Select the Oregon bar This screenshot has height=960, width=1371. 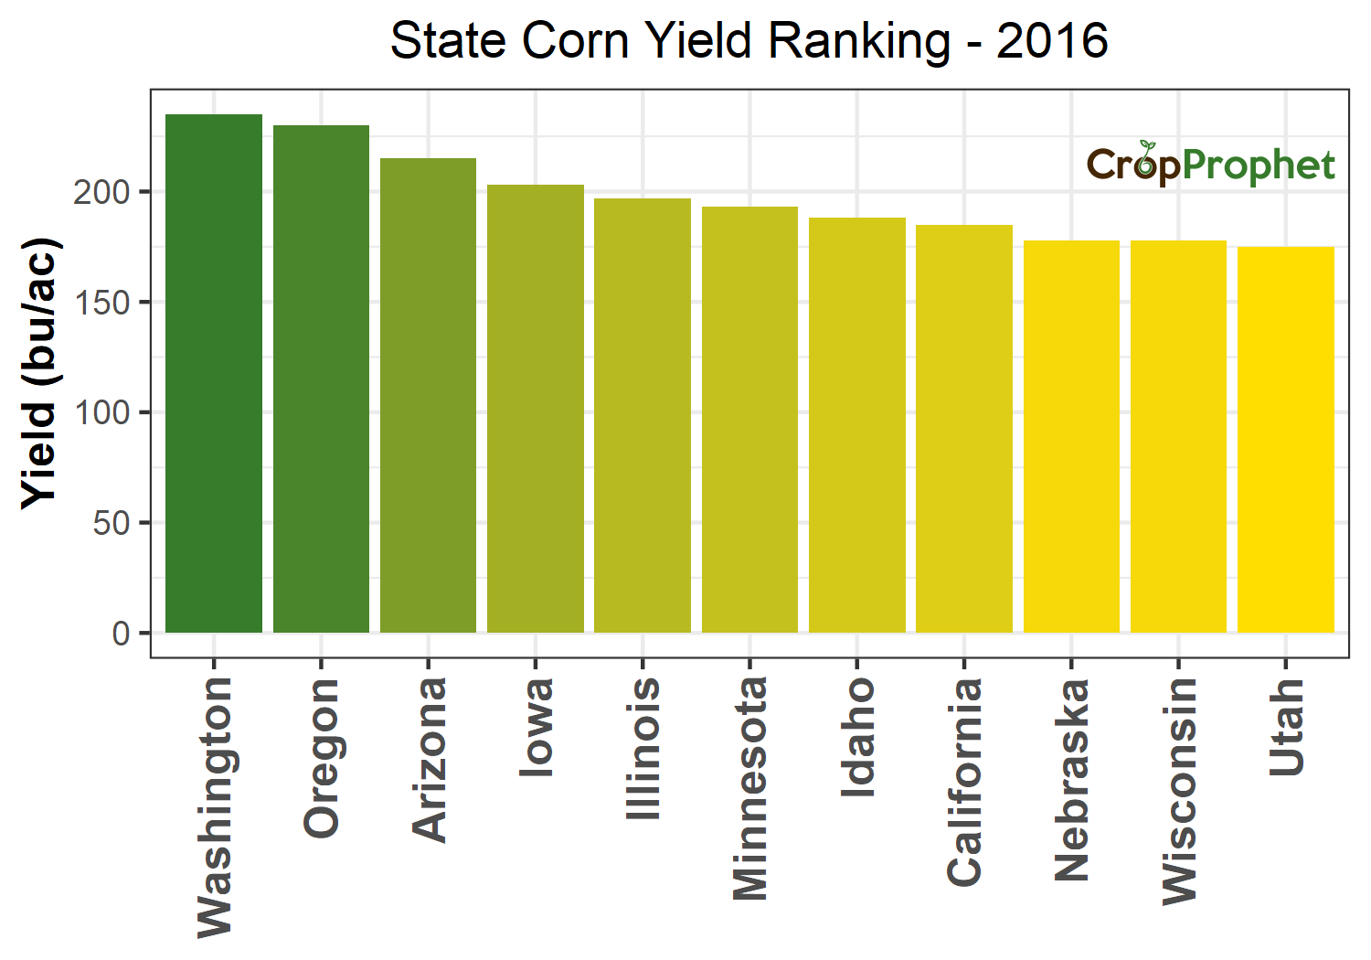point(321,379)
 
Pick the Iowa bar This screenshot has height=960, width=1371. point(536,409)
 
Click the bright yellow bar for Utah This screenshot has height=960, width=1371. point(1285,439)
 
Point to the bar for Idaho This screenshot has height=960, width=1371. point(857,425)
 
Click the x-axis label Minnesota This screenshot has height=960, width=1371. point(750,788)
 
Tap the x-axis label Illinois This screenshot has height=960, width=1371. point(643,748)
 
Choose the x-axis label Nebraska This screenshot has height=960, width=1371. point(1072,780)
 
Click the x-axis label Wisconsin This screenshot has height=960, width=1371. point(1179,791)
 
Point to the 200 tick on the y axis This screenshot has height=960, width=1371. point(101,192)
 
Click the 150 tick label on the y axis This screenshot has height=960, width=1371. point(101,303)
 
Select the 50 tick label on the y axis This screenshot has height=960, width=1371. point(111,523)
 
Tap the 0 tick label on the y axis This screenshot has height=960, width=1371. point(121,634)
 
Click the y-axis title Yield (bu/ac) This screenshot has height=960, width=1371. point(40,373)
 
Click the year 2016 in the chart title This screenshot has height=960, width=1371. point(1052,41)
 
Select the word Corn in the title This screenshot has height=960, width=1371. point(575,41)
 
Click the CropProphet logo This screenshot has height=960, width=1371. point(1210,165)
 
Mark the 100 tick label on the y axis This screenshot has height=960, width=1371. point(101,412)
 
